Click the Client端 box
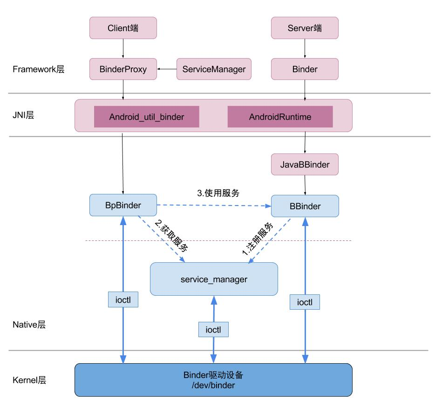123,29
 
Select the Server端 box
305,29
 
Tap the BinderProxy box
123,69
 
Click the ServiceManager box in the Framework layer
214,69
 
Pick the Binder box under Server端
305,69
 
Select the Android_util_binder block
147,117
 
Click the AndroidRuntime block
280,117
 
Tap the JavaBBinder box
305,164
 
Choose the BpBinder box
123,205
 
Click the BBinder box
305,206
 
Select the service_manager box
214,279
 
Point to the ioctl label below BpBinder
123,300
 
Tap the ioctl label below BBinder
305,302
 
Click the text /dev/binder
214,386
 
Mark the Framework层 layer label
38,70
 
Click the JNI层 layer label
23,115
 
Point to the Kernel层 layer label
29,380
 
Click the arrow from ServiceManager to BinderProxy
167,69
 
